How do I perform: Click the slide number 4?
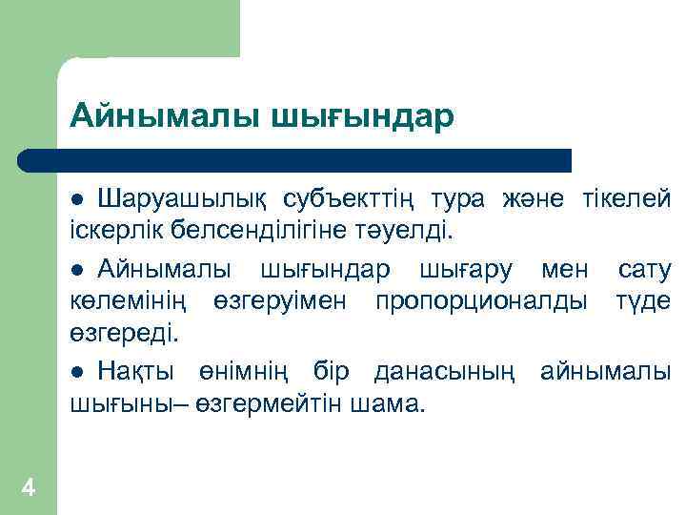[28, 488]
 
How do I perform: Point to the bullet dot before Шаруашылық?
[80, 200]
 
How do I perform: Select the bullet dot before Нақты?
[80, 371]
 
